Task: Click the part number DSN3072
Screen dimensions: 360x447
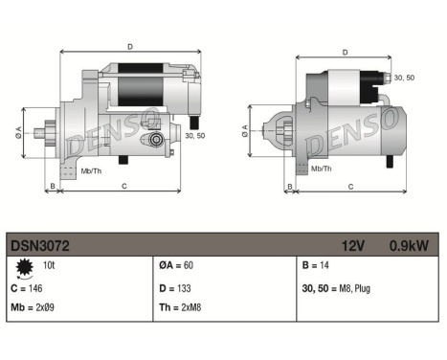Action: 40,245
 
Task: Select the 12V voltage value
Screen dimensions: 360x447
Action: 354,245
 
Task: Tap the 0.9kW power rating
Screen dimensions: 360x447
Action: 409,245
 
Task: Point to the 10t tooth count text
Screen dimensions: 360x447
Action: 48,264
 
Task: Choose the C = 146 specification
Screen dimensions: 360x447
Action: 30,286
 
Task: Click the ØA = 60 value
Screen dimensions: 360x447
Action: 175,265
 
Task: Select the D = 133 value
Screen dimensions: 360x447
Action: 176,286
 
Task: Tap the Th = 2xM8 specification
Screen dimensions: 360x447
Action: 179,308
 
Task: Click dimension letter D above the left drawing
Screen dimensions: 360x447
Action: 130,45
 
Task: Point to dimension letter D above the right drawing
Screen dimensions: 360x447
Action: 344,54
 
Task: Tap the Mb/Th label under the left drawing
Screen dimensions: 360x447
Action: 93,170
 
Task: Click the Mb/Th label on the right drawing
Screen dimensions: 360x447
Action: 322,169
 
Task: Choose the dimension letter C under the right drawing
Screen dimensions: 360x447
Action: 350,186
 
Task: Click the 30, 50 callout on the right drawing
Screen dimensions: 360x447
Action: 405,78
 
